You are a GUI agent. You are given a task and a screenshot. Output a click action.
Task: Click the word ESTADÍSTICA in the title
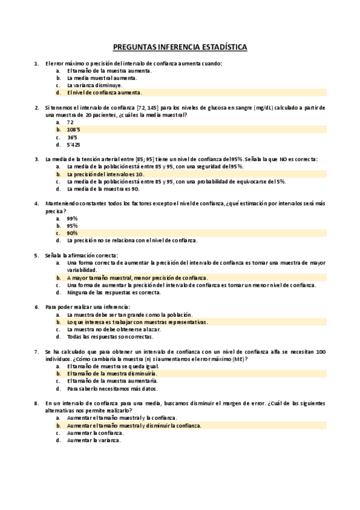pyautogui.click(x=221, y=46)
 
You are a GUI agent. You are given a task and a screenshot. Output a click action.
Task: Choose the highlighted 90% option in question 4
pyautogui.click(x=72, y=233)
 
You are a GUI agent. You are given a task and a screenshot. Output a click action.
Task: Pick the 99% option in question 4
pyautogui.click(x=72, y=218)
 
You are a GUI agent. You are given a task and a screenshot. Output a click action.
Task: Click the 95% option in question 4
pyautogui.click(x=72, y=226)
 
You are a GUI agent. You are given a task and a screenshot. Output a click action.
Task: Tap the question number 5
pyautogui.click(x=37, y=255)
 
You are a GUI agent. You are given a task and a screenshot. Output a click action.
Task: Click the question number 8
pyautogui.click(x=37, y=402)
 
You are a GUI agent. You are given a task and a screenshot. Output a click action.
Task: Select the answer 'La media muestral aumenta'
pyautogui.click(x=102, y=78)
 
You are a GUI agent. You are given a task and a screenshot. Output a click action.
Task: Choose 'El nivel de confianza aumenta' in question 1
pyautogui.click(x=105, y=93)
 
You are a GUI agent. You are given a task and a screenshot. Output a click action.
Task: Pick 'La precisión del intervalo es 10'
pyautogui.click(x=106, y=174)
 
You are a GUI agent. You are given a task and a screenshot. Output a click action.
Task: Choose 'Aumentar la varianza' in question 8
pyautogui.click(x=94, y=440)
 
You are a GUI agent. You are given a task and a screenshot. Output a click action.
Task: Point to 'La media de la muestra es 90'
pyautogui.click(x=103, y=188)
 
